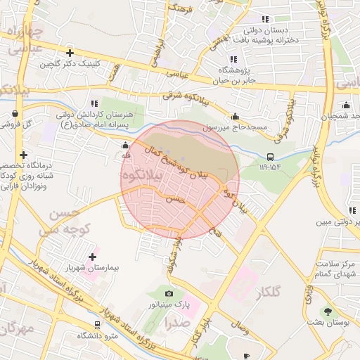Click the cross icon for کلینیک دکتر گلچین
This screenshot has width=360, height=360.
coord(70,53)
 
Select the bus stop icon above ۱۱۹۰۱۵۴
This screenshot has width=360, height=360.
coord(271,157)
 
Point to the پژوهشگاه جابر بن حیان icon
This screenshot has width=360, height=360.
coord(233,59)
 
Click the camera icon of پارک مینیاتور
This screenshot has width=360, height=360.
coord(168,293)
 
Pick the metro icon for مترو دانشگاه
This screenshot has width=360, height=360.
coord(97,324)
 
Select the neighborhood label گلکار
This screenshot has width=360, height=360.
coord(265,292)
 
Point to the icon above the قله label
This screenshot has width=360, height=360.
coord(125,146)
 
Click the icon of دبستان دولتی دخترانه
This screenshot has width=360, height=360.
coord(264,20)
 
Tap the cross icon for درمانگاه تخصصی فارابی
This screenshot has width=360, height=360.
coord(24,155)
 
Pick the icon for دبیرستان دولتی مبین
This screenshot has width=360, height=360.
coord(352,210)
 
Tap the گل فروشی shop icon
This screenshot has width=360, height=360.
coord(15,112)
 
